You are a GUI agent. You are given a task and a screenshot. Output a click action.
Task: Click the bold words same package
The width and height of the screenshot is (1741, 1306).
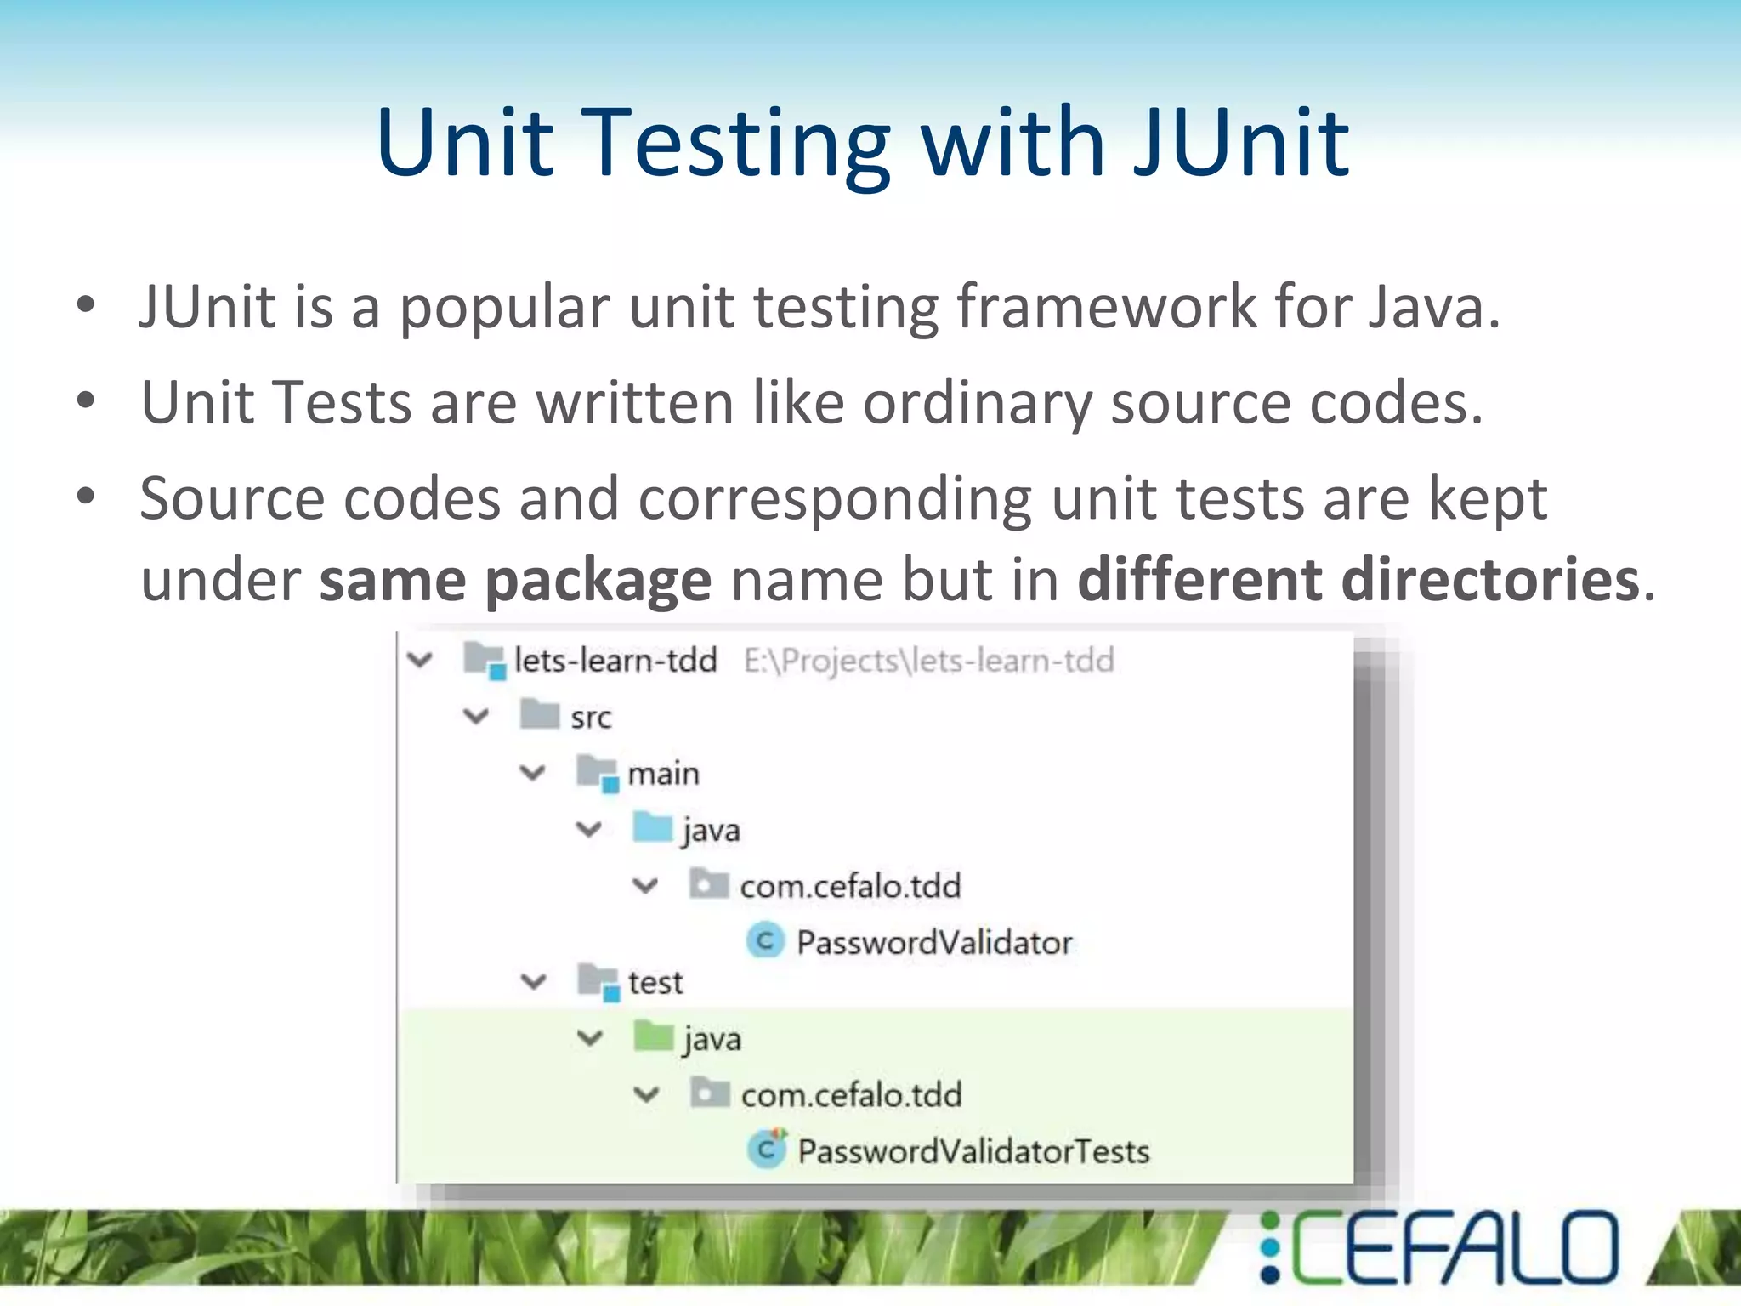(515, 580)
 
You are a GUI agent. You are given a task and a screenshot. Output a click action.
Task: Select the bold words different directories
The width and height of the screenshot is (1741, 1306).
(1358, 580)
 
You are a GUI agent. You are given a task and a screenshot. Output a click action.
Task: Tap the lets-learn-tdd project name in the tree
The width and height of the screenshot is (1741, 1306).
(615, 660)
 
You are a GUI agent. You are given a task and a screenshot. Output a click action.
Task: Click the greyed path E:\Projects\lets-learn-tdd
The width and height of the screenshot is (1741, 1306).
(928, 661)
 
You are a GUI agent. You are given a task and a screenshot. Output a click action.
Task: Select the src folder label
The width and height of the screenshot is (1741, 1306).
(591, 718)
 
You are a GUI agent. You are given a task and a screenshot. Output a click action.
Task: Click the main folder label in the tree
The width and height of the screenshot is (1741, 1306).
(663, 774)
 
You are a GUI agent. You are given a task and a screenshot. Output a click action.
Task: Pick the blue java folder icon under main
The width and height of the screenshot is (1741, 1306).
(653, 827)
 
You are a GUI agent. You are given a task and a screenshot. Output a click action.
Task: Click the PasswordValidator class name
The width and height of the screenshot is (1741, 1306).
(934, 942)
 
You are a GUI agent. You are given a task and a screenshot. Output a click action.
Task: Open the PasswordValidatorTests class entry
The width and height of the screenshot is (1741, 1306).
(973, 1151)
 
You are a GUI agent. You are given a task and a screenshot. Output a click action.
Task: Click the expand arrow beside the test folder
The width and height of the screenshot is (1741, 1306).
(533, 982)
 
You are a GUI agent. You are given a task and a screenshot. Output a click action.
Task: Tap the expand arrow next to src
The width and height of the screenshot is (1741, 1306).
(476, 717)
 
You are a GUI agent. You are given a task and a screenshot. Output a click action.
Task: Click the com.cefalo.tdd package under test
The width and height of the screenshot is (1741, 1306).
(851, 1095)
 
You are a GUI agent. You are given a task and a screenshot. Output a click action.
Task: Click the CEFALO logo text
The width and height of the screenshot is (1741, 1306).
(1453, 1247)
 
